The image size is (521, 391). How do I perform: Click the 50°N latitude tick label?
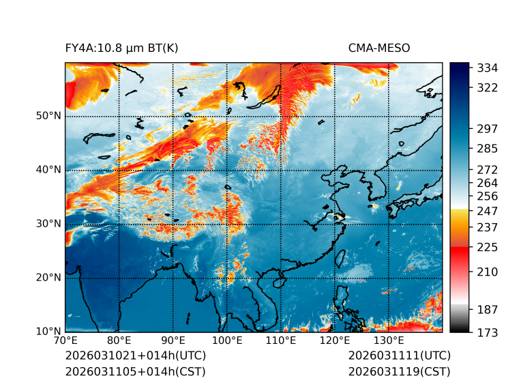pyautogui.click(x=48, y=116)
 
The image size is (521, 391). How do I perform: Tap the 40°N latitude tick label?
pyautogui.click(x=48, y=170)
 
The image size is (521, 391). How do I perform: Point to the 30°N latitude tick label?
pyautogui.click(x=48, y=224)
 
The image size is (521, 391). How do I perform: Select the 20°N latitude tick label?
pyautogui.click(x=48, y=278)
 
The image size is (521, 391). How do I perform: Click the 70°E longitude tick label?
pyautogui.click(x=65, y=341)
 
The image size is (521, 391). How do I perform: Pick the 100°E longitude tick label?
pyautogui.click(x=227, y=341)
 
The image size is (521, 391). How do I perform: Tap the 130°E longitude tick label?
pyautogui.click(x=389, y=341)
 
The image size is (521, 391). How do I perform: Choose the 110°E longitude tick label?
pyautogui.click(x=281, y=341)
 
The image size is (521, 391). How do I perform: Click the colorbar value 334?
pyautogui.click(x=487, y=68)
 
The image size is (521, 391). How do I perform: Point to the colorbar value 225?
pyautogui.click(x=487, y=247)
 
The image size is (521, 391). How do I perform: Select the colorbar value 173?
pyautogui.click(x=487, y=332)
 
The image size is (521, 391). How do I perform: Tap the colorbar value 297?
pyautogui.click(x=487, y=128)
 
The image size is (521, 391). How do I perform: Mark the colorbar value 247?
pyautogui.click(x=487, y=211)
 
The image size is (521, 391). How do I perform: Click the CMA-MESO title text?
pyautogui.click(x=378, y=48)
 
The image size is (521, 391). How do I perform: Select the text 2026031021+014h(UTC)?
pyautogui.click(x=135, y=356)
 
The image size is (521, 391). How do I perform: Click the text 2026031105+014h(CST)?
pyautogui.click(x=135, y=371)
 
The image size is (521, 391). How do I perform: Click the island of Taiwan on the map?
pyautogui.click(x=341, y=259)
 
